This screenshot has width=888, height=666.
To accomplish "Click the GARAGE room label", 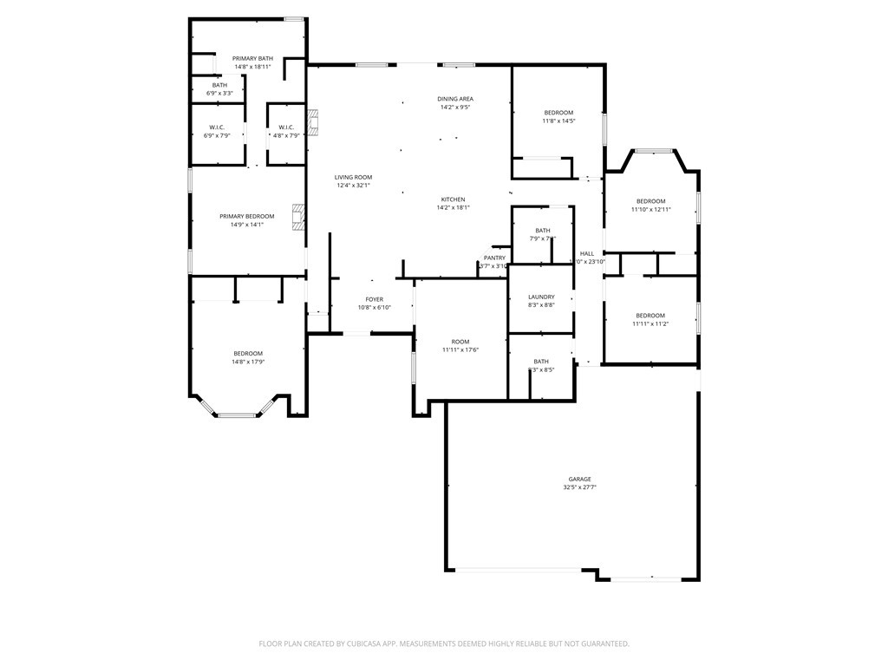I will point(579,479).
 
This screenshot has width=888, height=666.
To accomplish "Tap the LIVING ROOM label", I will point(353,177).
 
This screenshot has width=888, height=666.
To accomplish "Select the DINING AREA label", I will point(455,99).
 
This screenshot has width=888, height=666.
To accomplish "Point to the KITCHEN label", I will point(453,199).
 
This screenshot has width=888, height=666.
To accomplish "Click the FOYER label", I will point(374,299).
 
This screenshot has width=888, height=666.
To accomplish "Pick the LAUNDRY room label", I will point(541,297).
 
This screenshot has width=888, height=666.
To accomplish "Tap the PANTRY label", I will point(494,258).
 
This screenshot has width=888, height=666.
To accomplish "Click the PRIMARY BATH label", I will point(252,58).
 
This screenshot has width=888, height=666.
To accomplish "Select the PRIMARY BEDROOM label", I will point(247,216).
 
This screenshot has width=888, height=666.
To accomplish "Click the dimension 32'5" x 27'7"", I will point(579,488).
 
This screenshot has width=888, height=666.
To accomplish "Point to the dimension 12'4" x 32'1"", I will point(353,185).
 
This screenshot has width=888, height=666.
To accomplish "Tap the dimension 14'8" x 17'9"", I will point(247,362).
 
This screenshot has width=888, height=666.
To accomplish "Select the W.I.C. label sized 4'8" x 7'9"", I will point(286,127).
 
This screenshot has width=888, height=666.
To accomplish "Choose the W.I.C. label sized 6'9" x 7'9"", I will point(216,127).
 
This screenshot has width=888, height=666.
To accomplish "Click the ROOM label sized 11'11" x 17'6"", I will point(460,342).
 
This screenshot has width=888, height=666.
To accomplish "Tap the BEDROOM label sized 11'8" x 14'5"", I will point(558,113).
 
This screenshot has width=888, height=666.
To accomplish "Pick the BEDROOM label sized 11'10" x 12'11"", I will point(650,201).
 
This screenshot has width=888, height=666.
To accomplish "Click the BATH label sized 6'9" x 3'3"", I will point(219,85).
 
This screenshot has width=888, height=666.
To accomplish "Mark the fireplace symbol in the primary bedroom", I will point(298,217).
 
